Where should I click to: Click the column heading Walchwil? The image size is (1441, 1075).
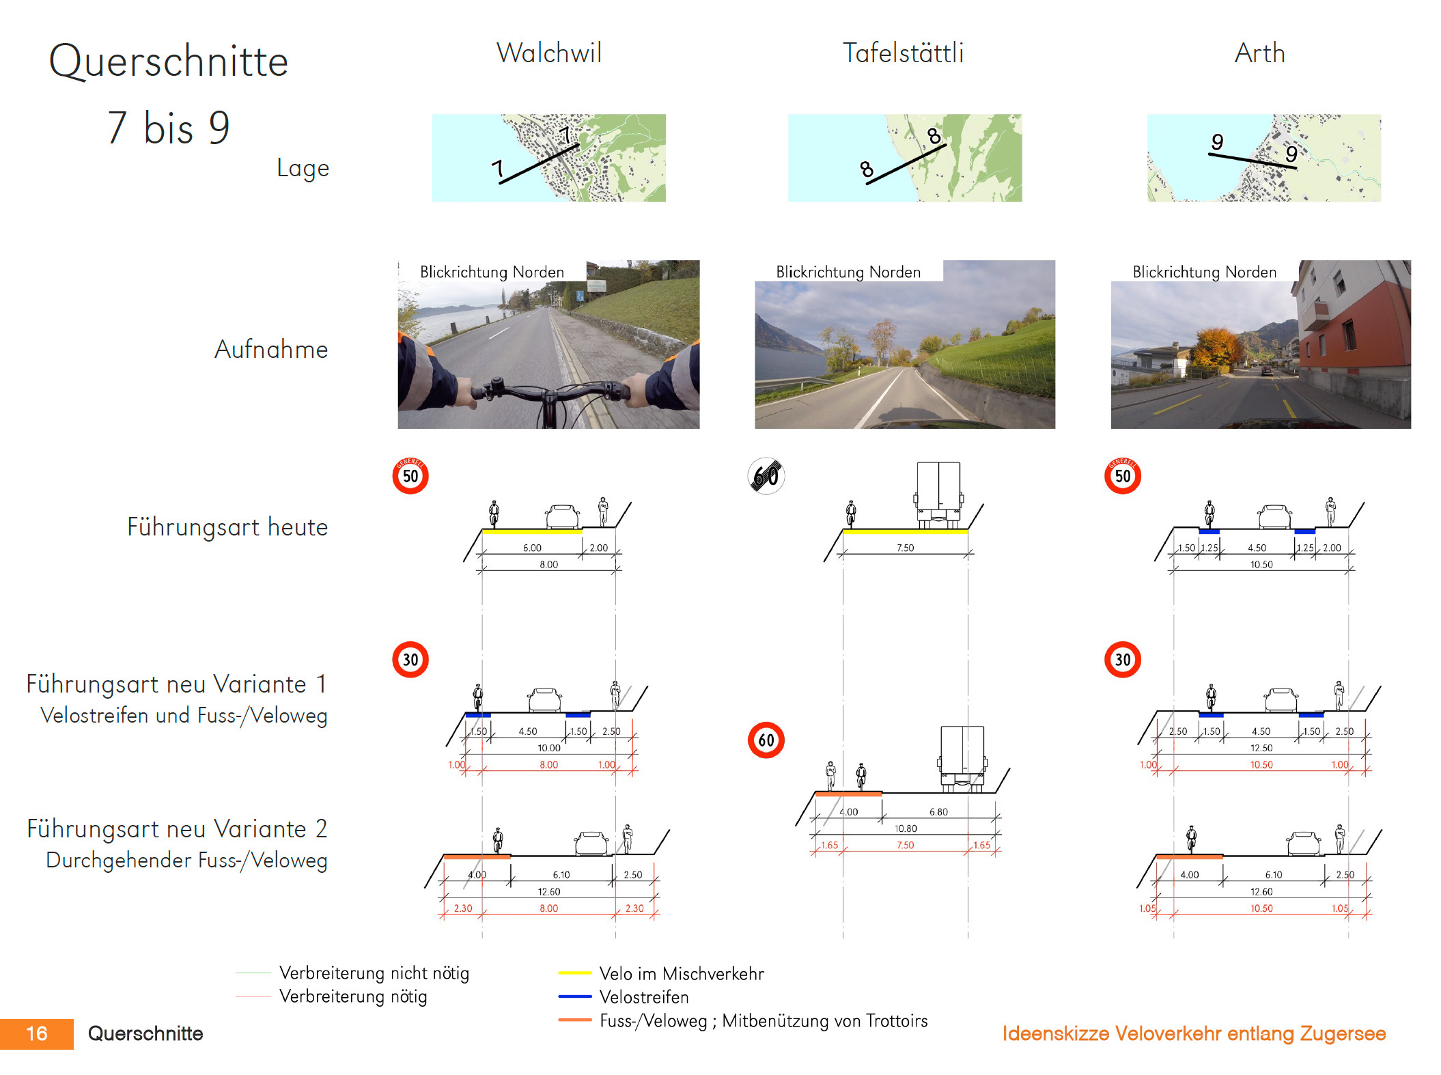[549, 53]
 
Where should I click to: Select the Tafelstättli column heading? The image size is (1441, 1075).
[903, 53]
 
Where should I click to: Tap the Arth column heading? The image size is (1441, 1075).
[1259, 53]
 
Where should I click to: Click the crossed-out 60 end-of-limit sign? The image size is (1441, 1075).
[766, 475]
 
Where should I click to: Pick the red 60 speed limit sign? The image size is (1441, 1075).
[766, 740]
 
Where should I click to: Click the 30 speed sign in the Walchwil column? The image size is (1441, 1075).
[410, 660]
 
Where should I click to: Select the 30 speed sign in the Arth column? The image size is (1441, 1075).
[1123, 660]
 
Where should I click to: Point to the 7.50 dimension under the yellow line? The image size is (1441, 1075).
[905, 548]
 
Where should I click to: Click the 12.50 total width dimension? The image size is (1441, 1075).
[1261, 748]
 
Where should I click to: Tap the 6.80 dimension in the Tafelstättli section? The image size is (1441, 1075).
[938, 812]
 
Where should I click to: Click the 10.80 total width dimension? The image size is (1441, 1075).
[906, 828]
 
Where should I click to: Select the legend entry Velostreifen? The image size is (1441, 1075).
[643, 997]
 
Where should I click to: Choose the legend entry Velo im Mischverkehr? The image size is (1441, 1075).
[681, 974]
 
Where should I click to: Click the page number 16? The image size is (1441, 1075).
[37, 1033]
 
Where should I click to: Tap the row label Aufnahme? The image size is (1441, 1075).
[271, 350]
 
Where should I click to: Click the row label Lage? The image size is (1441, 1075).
[303, 168]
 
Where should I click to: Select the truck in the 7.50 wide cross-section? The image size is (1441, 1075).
[938, 493]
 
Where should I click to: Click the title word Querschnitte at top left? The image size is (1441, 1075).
[169, 61]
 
